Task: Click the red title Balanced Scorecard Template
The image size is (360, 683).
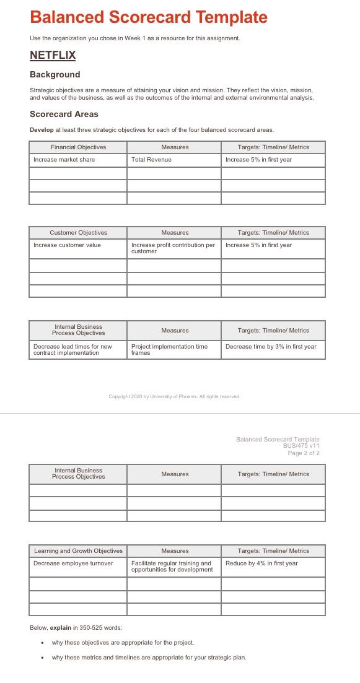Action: click(149, 17)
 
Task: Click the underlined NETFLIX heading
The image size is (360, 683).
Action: click(53, 55)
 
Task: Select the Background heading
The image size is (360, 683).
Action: click(55, 75)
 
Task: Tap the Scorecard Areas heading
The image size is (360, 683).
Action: click(64, 115)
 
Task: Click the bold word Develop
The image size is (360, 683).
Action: click(42, 130)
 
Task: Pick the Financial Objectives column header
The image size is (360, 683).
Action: click(78, 147)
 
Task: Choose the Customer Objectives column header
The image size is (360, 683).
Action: click(78, 233)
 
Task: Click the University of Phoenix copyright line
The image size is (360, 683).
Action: click(174, 396)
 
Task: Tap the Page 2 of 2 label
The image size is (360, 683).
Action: click(304, 453)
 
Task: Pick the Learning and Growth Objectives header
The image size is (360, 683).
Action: click(78, 551)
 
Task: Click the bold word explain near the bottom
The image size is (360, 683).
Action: click(60, 628)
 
